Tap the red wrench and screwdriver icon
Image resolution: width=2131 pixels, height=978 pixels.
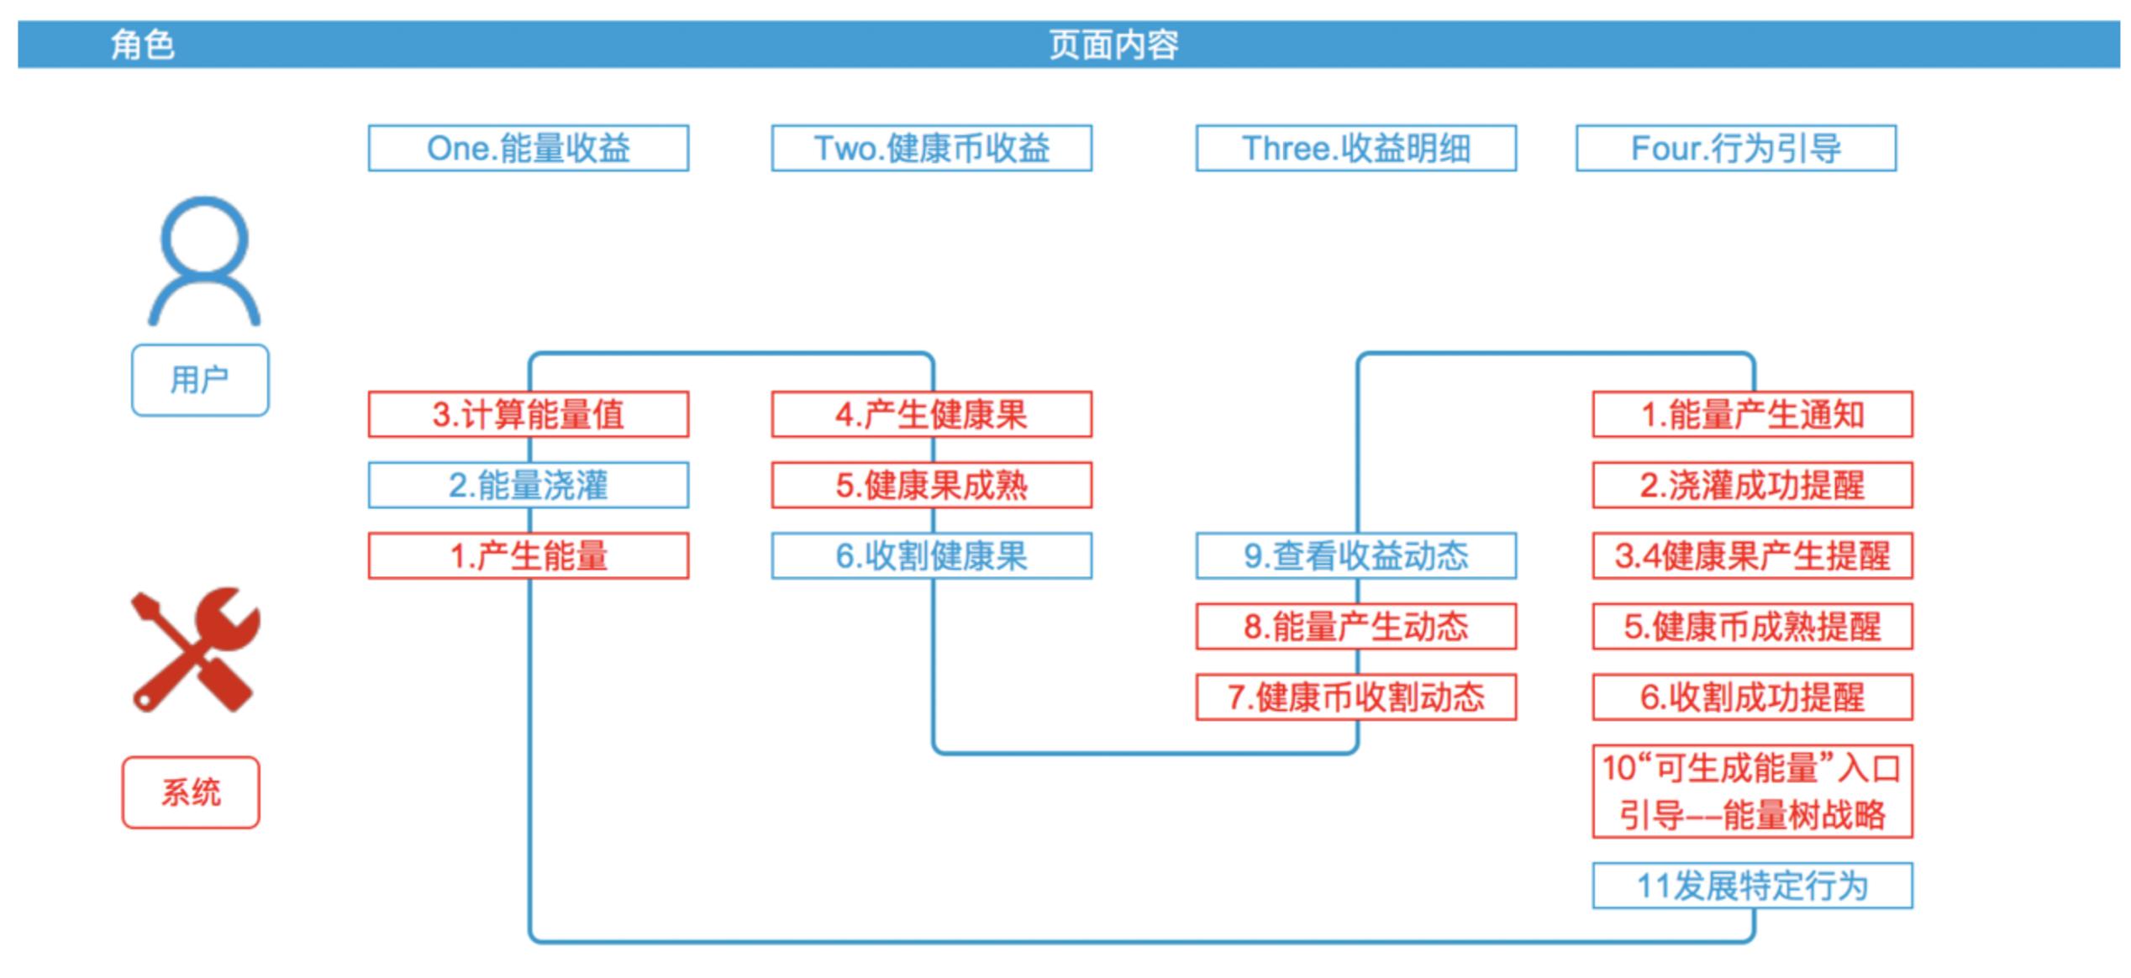coord(195,649)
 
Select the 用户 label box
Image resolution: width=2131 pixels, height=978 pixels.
coord(200,380)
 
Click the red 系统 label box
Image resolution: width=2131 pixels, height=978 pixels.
coord(191,792)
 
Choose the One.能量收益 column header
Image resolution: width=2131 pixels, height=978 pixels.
coord(528,149)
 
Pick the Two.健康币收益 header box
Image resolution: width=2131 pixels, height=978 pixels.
coord(931,149)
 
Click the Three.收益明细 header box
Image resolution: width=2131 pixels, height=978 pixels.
coord(1355,149)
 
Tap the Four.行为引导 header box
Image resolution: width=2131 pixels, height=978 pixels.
coord(1735,149)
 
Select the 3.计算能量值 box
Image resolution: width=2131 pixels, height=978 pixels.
coord(528,414)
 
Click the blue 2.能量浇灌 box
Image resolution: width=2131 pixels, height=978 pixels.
coord(528,485)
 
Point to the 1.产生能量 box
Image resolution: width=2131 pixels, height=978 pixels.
coord(528,555)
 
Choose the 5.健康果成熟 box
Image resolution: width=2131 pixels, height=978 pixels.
coord(931,485)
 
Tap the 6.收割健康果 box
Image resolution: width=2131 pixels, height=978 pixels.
coord(931,555)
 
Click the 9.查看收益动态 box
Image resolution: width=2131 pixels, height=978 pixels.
coord(1355,555)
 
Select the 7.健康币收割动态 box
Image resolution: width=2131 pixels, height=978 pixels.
coord(1355,697)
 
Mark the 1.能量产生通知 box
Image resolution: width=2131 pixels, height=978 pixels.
coord(1752,414)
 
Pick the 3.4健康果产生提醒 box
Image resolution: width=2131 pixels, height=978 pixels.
coord(1752,555)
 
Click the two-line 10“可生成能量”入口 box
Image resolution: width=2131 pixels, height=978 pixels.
coord(1752,791)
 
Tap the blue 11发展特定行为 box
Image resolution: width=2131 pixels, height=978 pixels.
coord(1752,886)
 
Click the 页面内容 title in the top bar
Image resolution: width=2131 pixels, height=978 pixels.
coord(1113,45)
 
